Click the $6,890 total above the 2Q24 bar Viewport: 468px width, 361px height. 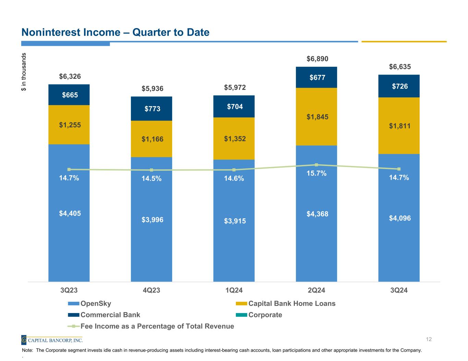coord(317,59)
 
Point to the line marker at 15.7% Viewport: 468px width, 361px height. coord(316,165)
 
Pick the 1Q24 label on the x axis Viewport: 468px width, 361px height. coord(234,291)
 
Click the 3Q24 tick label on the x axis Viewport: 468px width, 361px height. coord(399,291)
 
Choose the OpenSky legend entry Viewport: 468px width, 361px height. coord(95,304)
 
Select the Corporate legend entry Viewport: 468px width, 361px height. coord(265,315)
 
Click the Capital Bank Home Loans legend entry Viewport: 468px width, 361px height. coord(291,304)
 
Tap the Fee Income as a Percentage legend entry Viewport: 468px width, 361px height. coord(157,326)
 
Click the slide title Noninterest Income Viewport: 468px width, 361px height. coord(115,33)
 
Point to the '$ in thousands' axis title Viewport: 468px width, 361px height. coord(24,72)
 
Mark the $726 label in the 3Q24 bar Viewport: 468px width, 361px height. coord(400,86)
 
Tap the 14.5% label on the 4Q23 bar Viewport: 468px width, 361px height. coord(152,179)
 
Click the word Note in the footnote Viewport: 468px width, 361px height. coord(27,350)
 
